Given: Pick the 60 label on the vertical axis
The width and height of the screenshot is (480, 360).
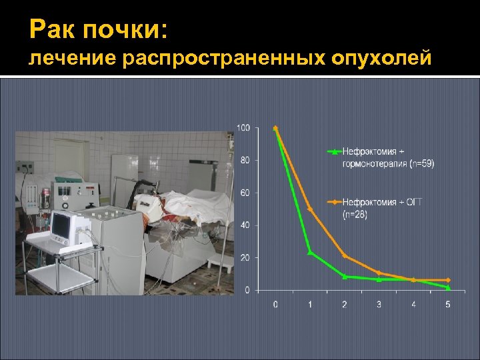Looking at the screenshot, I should click(x=245, y=193).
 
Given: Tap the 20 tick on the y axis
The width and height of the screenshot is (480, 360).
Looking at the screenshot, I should click(x=245, y=257).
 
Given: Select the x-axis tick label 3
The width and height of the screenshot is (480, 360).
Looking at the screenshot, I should click(x=379, y=305).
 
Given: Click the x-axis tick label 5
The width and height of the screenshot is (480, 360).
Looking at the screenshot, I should click(x=447, y=305).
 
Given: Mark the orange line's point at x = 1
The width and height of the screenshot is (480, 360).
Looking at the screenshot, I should click(x=310, y=209).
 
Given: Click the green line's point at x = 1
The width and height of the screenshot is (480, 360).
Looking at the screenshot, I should click(x=310, y=252).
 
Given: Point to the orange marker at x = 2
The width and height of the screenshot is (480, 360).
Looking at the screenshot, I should click(x=345, y=255).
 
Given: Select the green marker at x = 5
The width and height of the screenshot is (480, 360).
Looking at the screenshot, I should click(x=447, y=287).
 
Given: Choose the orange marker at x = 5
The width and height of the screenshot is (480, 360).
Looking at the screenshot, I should click(x=447, y=280).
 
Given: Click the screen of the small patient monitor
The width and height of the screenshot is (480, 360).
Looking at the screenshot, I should click(x=61, y=227).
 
